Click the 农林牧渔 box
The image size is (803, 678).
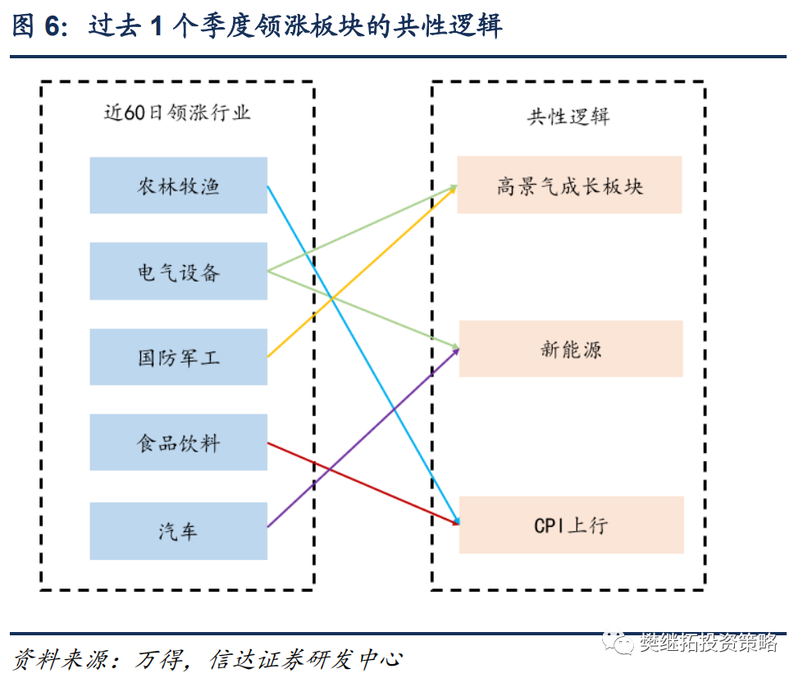[178, 185]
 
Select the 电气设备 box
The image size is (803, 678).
[178, 271]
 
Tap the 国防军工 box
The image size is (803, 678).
[178, 357]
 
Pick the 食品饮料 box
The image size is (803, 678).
[178, 442]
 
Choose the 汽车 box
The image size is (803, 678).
[178, 531]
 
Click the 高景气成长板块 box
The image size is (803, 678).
[569, 185]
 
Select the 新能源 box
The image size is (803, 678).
[571, 349]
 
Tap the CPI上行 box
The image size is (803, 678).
[572, 525]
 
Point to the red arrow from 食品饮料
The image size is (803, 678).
[363, 483]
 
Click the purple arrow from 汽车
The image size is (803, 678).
[363, 437]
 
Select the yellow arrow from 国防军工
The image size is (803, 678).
[362, 271]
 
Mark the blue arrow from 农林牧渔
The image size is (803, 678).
[363, 355]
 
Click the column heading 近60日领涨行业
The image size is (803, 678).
[177, 112]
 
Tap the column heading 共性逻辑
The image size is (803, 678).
[568, 117]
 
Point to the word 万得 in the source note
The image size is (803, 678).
[159, 660]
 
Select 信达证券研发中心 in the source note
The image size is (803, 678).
[306, 660]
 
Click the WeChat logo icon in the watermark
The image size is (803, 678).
[618, 643]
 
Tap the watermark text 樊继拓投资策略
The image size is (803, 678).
[709, 643]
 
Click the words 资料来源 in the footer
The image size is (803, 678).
[60, 660]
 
